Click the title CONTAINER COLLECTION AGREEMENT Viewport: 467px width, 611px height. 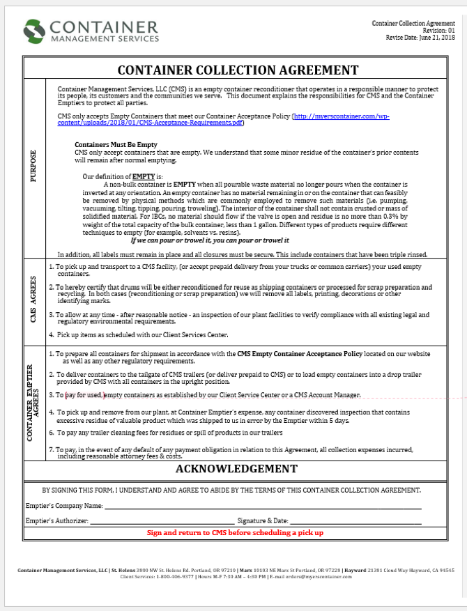click(238, 70)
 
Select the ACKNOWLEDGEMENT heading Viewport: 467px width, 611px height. click(237, 468)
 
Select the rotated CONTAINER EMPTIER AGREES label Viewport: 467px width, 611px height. click(31, 401)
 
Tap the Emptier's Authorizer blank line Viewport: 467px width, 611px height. click(162, 521)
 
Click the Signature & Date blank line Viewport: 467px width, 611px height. click(355, 521)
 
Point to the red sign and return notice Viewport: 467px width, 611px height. click(235, 533)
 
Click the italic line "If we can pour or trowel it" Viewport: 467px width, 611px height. click(218, 240)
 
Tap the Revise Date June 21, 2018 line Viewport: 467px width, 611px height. click(420, 38)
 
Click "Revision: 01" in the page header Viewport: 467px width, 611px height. click(438, 31)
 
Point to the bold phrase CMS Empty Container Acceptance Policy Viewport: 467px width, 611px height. click(300, 354)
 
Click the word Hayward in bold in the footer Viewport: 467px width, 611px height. click(356, 571)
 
